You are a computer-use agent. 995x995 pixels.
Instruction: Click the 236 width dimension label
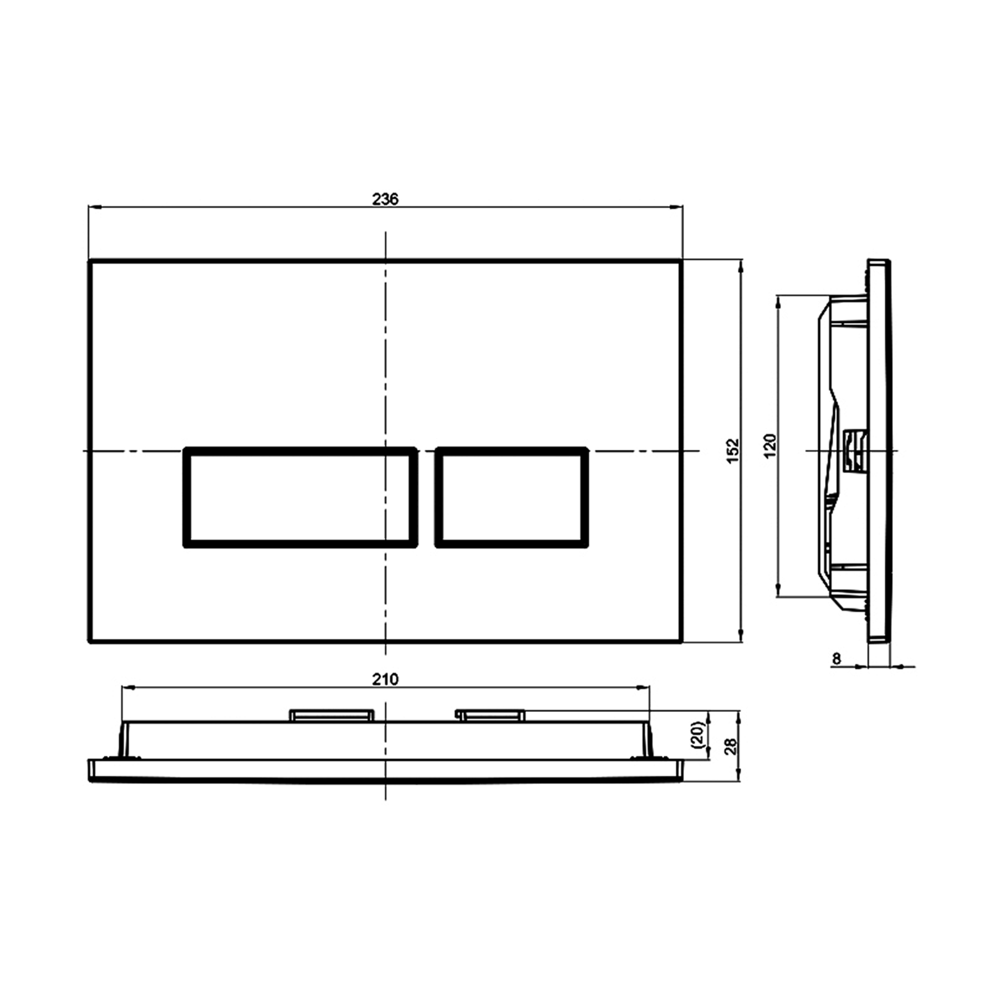[385, 199]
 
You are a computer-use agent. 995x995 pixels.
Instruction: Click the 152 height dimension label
[733, 451]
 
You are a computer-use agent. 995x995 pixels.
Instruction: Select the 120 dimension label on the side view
[770, 446]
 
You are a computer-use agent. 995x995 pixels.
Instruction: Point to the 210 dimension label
[385, 679]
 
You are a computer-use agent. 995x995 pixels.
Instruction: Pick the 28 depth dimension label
[731, 746]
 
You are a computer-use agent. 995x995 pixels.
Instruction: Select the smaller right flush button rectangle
[512, 497]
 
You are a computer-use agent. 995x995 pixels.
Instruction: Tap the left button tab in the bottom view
[332, 715]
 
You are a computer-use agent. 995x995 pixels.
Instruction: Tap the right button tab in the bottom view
[491, 715]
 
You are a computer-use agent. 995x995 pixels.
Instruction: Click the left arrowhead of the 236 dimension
[93, 207]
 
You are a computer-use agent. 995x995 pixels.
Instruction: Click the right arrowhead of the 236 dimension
[678, 207]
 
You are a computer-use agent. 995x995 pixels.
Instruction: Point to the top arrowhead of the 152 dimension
[741, 265]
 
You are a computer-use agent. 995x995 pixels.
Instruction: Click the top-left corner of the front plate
[90, 261]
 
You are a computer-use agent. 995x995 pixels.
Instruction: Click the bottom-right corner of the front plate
[682, 642]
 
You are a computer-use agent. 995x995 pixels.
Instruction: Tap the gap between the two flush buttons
[426, 497]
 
